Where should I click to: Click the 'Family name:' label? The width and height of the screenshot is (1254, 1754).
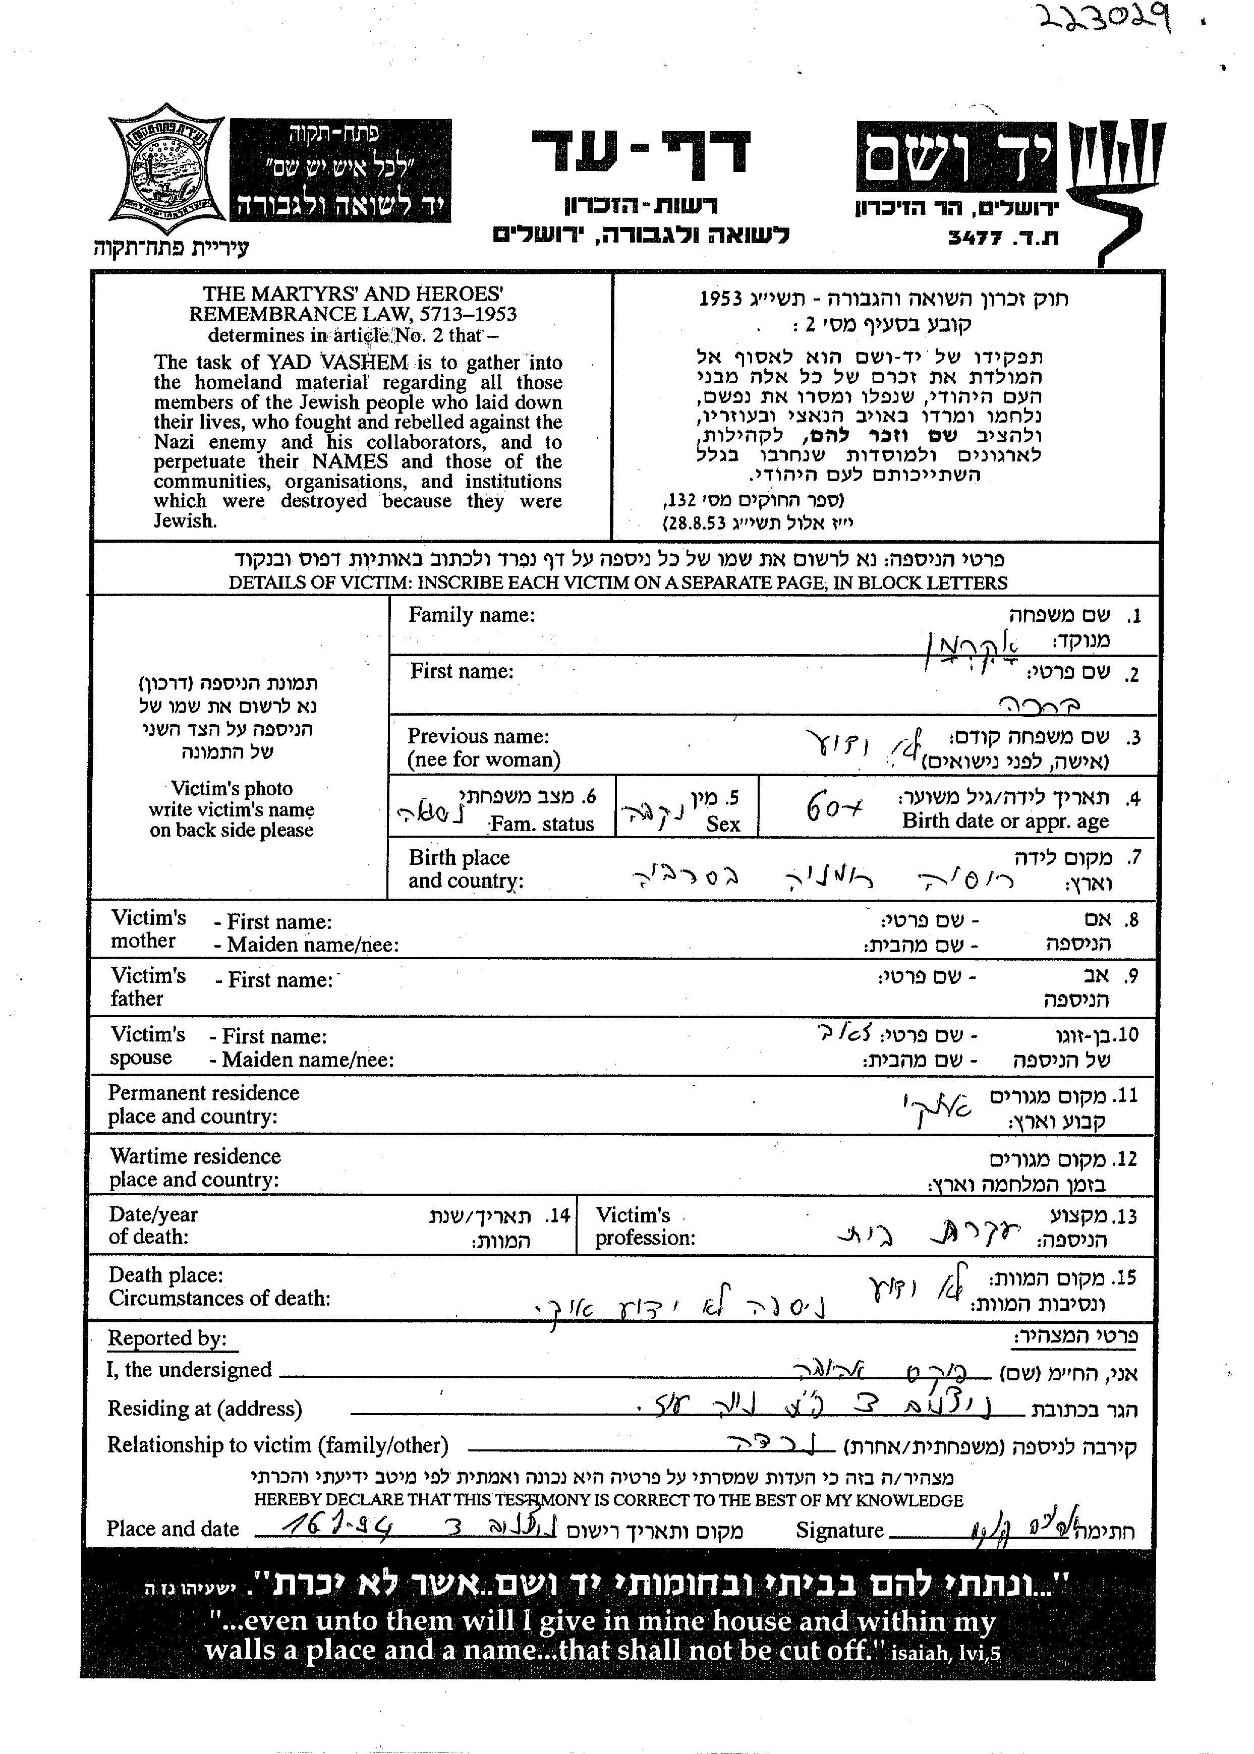(x=471, y=615)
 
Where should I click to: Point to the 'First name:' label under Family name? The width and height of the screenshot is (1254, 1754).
(x=462, y=672)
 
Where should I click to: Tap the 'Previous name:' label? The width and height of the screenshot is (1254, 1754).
(x=478, y=736)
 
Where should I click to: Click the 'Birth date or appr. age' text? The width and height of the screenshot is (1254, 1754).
(x=1005, y=822)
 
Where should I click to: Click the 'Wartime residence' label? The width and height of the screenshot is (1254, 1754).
(x=195, y=1156)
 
